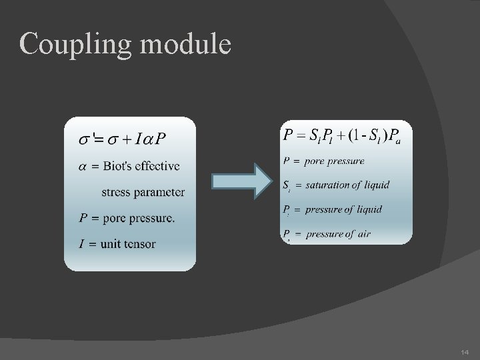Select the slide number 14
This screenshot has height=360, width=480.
tap(464, 351)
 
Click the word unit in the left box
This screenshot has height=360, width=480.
tap(111, 243)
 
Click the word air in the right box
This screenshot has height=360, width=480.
tap(363, 233)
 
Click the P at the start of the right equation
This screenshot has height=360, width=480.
tap(288, 136)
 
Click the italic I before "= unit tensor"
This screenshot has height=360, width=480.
tap(81, 243)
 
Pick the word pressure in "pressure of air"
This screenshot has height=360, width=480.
tap(324, 233)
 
